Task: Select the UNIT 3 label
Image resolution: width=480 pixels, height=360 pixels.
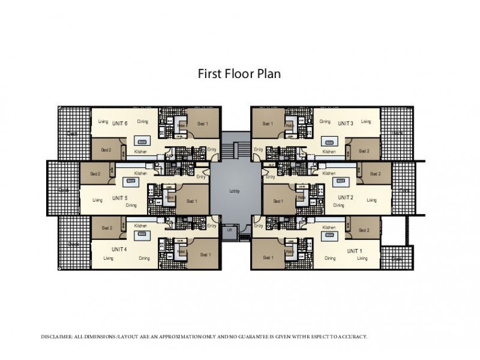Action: coord(346,122)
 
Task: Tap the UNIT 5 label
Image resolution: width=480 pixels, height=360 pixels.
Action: coord(120,198)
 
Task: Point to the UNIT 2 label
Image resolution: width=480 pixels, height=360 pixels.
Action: coord(346,197)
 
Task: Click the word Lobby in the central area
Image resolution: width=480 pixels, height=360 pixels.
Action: coord(235,191)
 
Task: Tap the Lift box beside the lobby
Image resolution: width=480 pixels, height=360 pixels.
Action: coord(229,230)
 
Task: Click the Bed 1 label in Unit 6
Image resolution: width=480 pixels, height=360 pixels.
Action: coord(202,124)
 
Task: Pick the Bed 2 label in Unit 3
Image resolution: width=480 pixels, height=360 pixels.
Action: coord(364,151)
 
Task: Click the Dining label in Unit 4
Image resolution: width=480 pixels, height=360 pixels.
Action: coord(144,258)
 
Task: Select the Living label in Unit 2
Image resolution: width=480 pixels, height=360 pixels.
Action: coord(372,200)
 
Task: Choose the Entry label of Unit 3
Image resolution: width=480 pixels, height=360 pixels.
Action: coord(259,149)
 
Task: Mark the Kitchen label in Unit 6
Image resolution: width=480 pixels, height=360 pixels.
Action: coord(141,151)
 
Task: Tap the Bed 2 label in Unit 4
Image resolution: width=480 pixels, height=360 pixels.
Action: coord(107,227)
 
